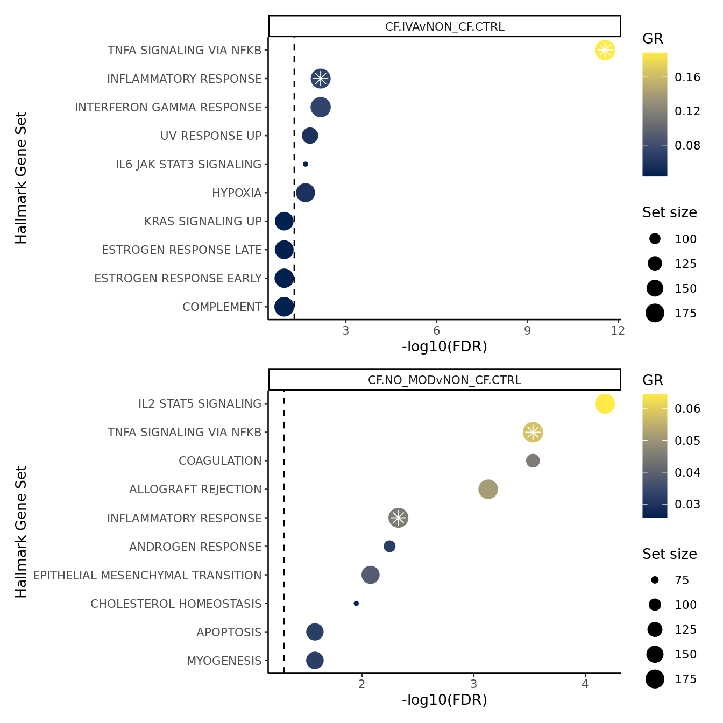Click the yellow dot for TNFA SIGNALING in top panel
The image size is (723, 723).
[x=605, y=50]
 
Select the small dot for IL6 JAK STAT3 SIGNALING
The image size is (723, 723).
[x=306, y=164]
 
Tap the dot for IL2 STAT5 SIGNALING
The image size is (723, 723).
[x=605, y=403]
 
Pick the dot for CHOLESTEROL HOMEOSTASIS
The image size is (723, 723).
[x=356, y=604]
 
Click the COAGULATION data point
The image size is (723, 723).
[x=533, y=460]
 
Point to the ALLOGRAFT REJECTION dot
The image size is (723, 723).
[x=488, y=489]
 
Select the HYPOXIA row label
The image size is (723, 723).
[x=237, y=193]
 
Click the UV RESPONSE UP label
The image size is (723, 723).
[x=211, y=136]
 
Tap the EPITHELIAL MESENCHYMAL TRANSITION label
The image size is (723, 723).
[x=147, y=575]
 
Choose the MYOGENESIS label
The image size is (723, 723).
[x=224, y=661]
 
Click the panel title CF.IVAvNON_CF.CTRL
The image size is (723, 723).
[x=444, y=26]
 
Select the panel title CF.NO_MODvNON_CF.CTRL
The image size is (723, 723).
[x=444, y=380]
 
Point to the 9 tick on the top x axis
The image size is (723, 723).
[x=527, y=330]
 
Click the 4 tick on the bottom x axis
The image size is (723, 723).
[x=585, y=684]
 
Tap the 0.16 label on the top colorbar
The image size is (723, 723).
[x=687, y=77]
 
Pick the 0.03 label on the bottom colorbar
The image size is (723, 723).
[x=687, y=504]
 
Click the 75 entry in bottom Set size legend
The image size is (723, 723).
[x=682, y=580]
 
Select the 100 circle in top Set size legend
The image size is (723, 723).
[x=655, y=239]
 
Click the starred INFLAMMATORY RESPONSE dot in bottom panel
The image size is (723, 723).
[x=398, y=518]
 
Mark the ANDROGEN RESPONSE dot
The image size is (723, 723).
[x=389, y=547]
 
